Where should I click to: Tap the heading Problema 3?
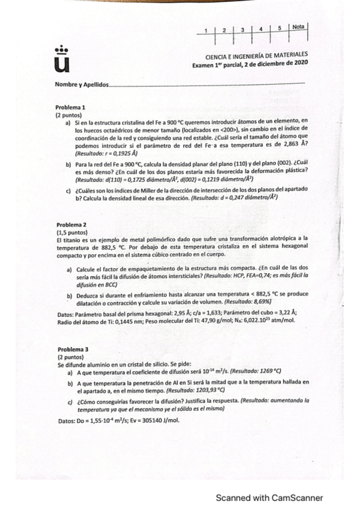[x=73, y=349]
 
